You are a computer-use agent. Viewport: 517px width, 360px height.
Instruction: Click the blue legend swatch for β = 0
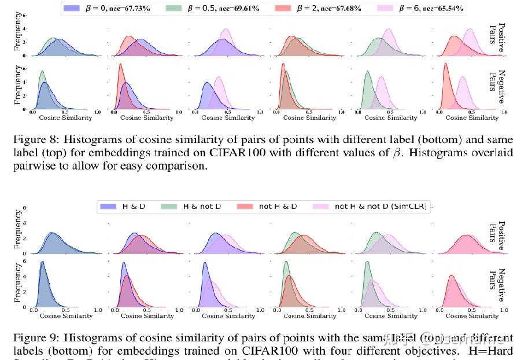(72, 9)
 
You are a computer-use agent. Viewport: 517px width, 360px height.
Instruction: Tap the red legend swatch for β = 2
(285, 9)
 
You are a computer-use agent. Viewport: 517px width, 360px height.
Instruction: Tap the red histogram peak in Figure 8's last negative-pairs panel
(445, 66)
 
